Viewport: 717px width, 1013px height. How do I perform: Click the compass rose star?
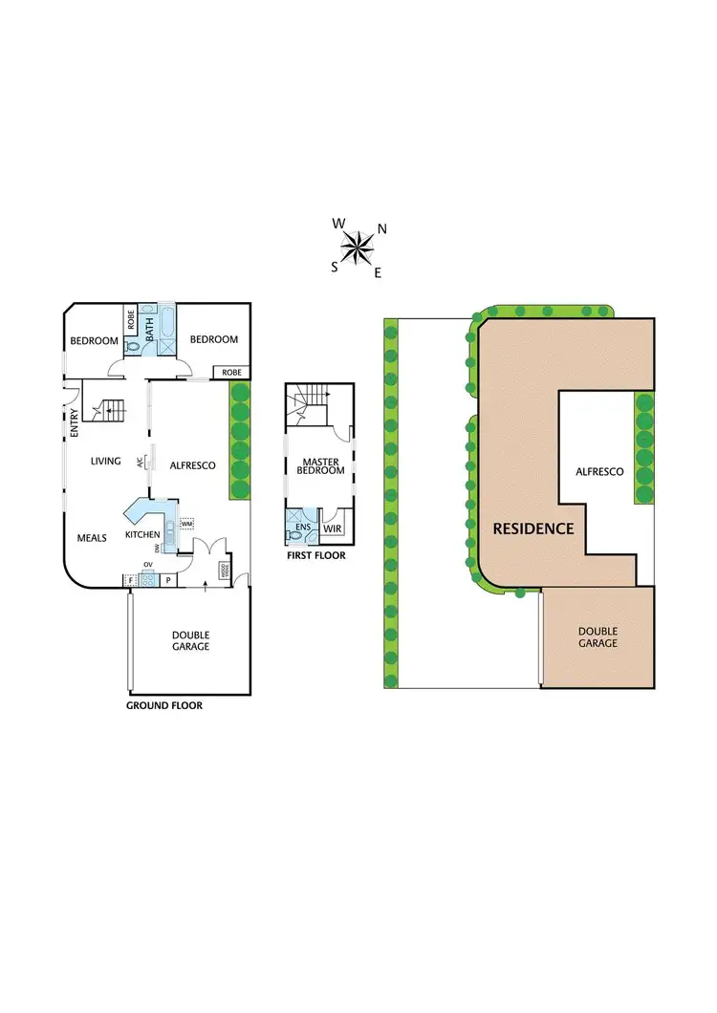(x=358, y=248)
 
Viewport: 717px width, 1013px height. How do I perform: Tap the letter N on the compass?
(x=381, y=228)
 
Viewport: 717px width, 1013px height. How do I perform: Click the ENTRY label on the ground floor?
(x=74, y=423)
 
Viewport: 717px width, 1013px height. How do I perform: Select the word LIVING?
(x=105, y=462)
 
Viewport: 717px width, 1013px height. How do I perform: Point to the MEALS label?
(x=92, y=537)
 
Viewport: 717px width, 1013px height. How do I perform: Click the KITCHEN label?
(x=142, y=534)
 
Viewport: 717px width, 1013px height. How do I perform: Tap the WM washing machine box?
(x=187, y=524)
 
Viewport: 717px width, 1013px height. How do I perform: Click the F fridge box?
(x=128, y=580)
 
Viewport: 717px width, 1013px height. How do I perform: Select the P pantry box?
(x=167, y=580)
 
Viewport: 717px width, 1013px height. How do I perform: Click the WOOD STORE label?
(x=225, y=571)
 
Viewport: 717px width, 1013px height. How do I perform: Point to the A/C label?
(x=140, y=462)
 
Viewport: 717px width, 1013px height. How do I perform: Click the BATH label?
(x=149, y=331)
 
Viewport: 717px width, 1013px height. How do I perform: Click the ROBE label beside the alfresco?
(x=230, y=372)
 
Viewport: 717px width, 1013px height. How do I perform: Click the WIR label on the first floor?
(x=333, y=528)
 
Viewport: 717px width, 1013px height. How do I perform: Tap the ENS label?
(x=302, y=527)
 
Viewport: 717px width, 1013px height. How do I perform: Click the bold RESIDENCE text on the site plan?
(x=532, y=528)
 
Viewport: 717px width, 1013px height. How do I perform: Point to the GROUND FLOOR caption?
(x=164, y=706)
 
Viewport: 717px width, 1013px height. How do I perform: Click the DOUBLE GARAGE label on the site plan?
(x=597, y=637)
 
